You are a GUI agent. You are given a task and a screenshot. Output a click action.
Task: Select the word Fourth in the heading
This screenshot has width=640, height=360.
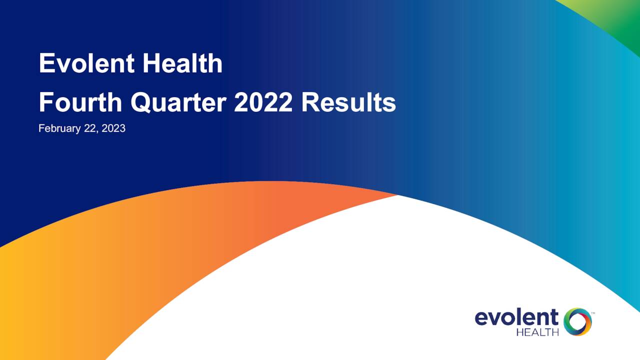click(80, 103)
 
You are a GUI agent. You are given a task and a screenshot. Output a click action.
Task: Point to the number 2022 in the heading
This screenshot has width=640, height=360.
click(263, 103)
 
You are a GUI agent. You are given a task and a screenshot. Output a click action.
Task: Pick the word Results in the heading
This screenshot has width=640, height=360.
click(348, 103)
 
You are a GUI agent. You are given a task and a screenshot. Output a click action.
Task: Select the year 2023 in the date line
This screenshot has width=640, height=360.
click(113, 128)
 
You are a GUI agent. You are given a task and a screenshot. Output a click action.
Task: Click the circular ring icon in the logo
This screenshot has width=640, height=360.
click(577, 321)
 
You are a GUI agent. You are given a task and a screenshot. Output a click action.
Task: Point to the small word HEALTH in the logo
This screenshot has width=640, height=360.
click(537, 332)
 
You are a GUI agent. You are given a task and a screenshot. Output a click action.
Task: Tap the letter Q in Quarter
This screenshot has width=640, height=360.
click(141, 103)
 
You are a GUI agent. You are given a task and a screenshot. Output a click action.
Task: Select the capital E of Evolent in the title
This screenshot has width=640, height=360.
click(46, 64)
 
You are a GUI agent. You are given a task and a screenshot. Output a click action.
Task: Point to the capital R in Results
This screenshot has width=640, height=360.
click(310, 103)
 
